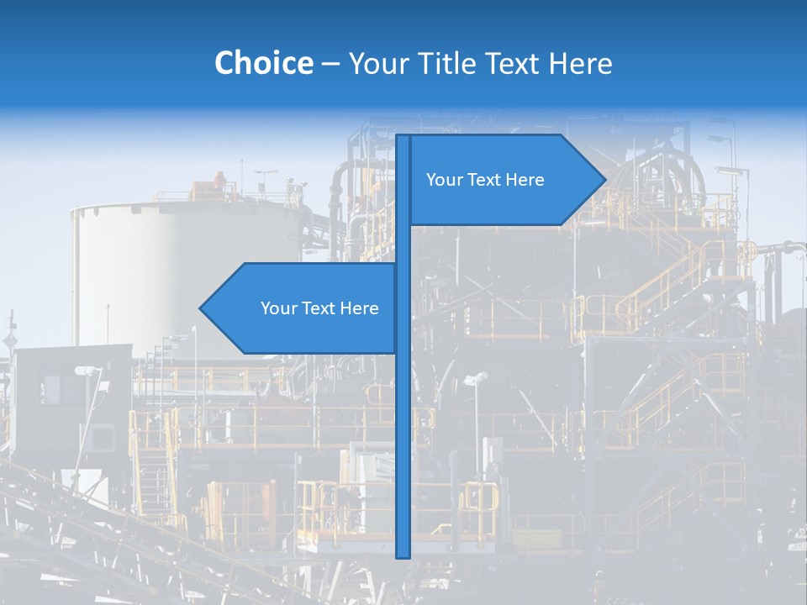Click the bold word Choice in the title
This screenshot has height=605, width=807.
[263, 63]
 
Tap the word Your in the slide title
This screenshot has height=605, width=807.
[377, 63]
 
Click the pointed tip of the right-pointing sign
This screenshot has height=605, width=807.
[604, 179]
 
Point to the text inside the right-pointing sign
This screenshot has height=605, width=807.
[485, 180]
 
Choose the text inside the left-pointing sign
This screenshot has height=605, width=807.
[319, 308]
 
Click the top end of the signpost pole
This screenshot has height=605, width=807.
[403, 137]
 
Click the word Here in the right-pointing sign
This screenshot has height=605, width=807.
[525, 180]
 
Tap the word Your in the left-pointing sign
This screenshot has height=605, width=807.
[278, 308]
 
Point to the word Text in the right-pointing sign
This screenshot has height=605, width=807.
[484, 180]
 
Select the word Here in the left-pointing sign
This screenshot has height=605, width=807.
[359, 308]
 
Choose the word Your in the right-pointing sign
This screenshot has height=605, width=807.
[444, 180]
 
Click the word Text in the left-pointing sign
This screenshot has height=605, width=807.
[319, 308]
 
